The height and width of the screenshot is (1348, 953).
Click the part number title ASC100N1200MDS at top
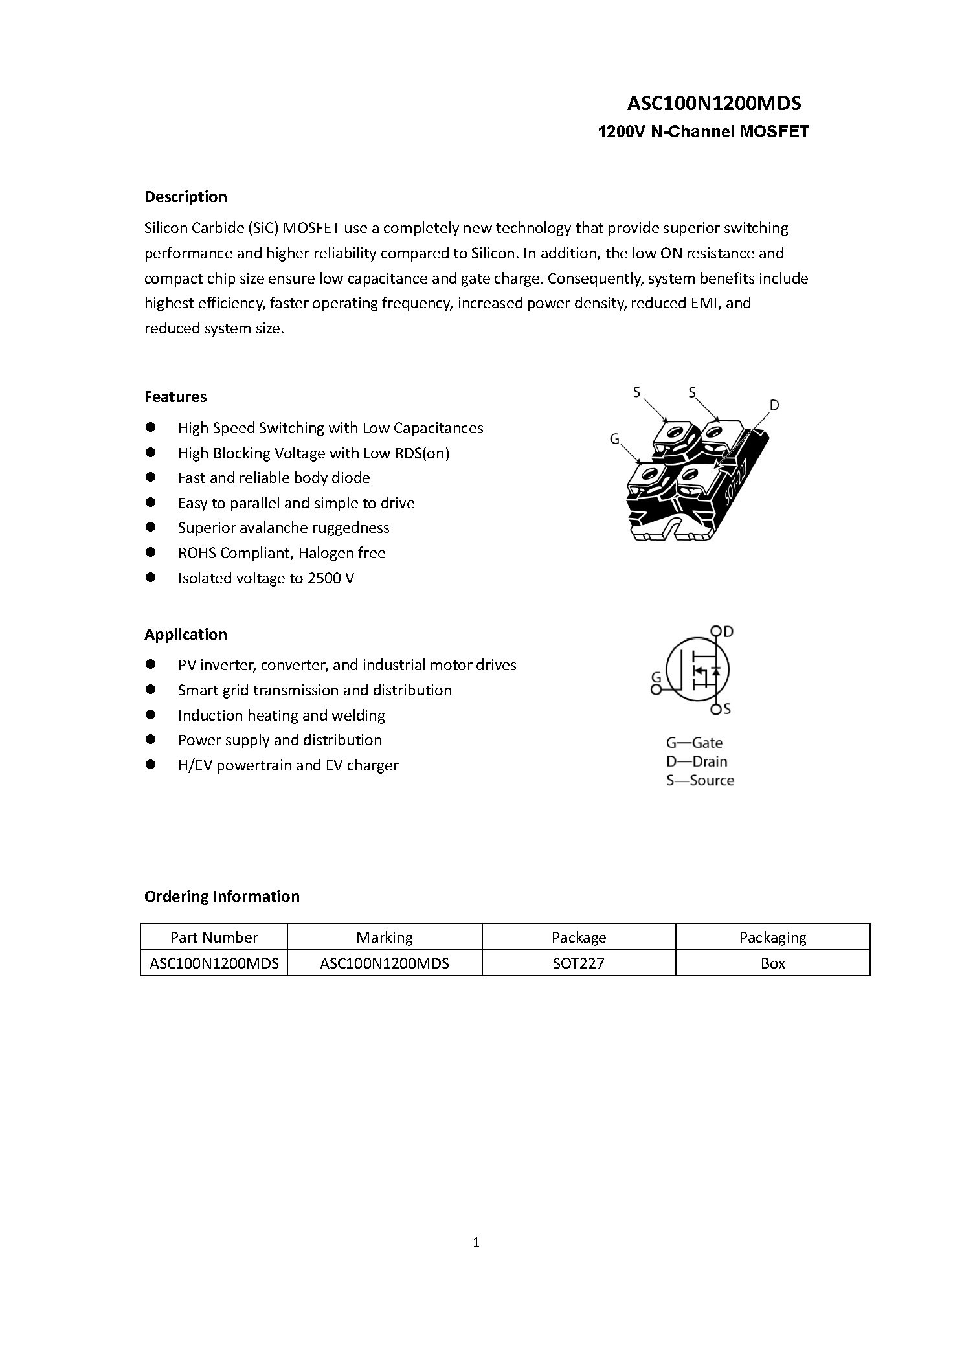click(714, 104)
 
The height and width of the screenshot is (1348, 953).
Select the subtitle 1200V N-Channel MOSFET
click(703, 132)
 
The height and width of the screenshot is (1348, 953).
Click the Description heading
click(186, 197)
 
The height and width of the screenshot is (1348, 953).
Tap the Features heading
click(175, 397)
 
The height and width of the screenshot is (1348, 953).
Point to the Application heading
click(186, 635)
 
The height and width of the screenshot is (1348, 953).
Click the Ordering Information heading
click(222, 897)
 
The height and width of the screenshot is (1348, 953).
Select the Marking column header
click(385, 938)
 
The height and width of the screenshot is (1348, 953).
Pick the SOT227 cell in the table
click(579, 963)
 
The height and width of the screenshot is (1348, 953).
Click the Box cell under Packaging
click(773, 963)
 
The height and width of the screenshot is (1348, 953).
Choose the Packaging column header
click(773, 938)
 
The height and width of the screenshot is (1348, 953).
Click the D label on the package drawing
click(774, 406)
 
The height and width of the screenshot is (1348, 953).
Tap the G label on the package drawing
click(615, 440)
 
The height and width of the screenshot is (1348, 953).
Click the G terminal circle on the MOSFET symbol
click(656, 690)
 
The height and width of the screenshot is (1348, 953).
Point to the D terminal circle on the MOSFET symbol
click(715, 631)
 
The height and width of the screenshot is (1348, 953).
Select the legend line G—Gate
click(694, 743)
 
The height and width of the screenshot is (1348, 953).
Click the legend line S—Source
click(700, 781)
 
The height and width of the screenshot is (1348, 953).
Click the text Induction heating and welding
click(282, 715)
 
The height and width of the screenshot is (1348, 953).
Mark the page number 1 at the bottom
click(476, 1242)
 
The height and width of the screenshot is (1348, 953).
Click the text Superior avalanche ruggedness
click(284, 528)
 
